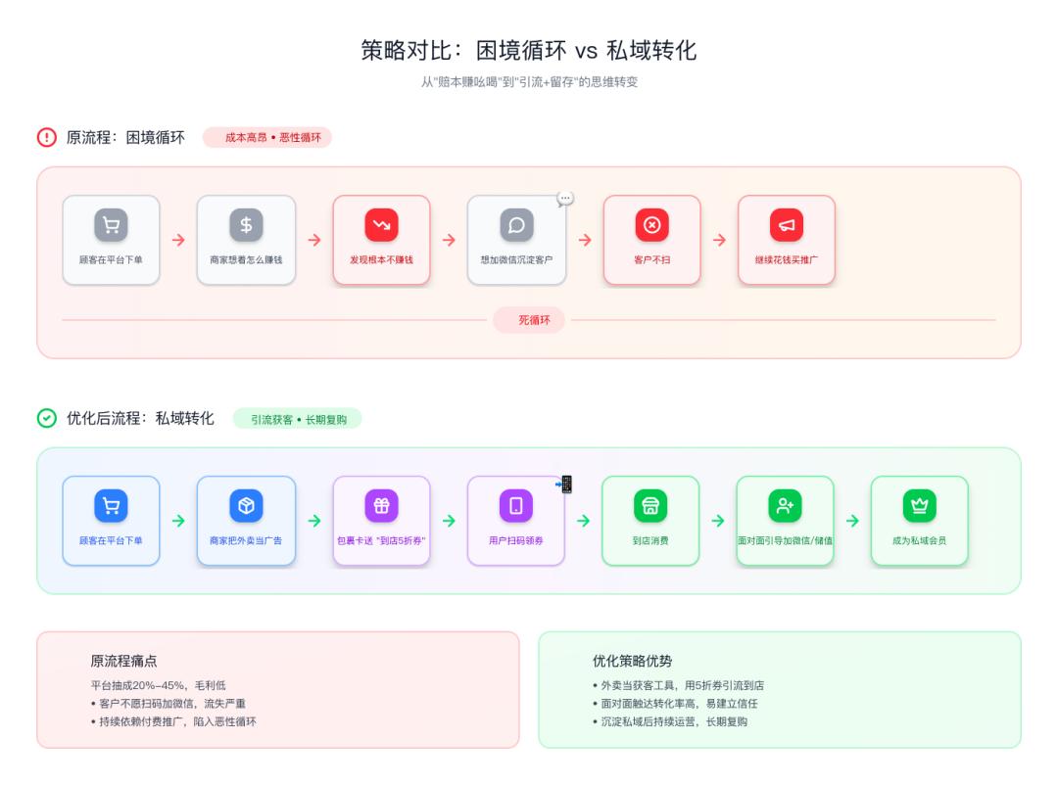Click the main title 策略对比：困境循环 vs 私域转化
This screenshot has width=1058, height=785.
[x=529, y=50]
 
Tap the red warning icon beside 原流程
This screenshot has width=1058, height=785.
[x=47, y=137]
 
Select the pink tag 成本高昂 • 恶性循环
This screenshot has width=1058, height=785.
[x=267, y=138]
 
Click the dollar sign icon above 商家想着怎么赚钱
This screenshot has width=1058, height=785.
[x=246, y=225]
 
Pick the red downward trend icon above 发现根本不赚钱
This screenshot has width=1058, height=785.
[x=381, y=225]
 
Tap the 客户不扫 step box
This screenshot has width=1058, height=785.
[x=651, y=240]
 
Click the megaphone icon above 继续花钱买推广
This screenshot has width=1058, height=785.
[x=787, y=225]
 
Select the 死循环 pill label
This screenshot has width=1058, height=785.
[x=529, y=320]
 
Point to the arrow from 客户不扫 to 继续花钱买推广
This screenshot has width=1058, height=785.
[x=719, y=240]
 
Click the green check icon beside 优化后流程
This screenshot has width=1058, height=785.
[x=47, y=418]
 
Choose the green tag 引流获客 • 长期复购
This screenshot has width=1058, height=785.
[x=297, y=419]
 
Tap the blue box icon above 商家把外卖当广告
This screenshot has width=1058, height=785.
[x=246, y=506]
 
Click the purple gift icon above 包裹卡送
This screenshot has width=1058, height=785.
[x=381, y=506]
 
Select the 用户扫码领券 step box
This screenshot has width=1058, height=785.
[x=516, y=521]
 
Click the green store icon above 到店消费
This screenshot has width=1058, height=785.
[x=650, y=506]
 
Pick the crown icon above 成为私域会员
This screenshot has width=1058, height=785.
[x=919, y=506]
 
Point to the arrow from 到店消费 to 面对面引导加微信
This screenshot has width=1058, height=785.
[x=718, y=521]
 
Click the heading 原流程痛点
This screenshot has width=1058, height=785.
[x=124, y=661]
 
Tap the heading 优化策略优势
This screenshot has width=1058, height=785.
[x=633, y=661]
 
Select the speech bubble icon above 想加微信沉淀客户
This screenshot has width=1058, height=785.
[x=516, y=225]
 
